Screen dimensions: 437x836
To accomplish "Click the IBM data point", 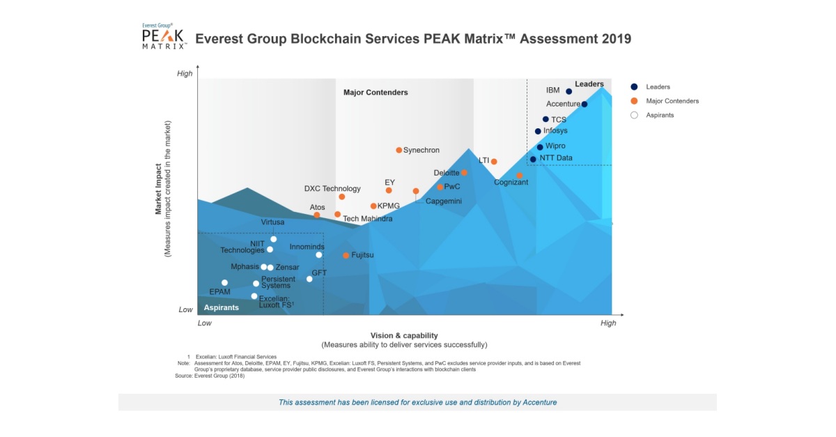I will click(x=568, y=91).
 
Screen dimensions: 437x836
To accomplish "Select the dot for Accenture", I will click(x=584, y=105).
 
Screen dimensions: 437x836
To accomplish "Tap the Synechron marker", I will click(x=399, y=150).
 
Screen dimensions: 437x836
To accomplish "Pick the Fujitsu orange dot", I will click(x=346, y=256).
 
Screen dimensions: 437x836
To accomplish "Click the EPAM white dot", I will click(x=224, y=283).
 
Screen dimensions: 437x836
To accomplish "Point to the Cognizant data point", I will click(x=519, y=176).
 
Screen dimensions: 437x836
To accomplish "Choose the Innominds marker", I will click(x=319, y=254).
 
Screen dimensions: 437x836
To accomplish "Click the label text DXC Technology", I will click(x=332, y=189).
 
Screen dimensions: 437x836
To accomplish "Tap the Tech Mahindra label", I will click(x=367, y=219).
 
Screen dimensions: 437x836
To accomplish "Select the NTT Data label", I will click(x=556, y=158).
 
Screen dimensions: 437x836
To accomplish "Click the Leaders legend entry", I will click(x=658, y=87).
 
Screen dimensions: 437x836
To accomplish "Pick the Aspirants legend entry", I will click(x=660, y=115).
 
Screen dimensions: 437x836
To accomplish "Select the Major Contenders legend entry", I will click(x=672, y=101).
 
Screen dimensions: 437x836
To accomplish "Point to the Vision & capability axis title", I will click(x=404, y=335).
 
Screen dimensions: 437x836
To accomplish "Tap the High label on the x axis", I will click(x=608, y=323).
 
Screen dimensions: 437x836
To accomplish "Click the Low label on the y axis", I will click(x=185, y=309).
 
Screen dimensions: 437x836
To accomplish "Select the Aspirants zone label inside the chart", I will click(x=221, y=307).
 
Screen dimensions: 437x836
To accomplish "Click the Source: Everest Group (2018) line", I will click(x=210, y=376).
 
